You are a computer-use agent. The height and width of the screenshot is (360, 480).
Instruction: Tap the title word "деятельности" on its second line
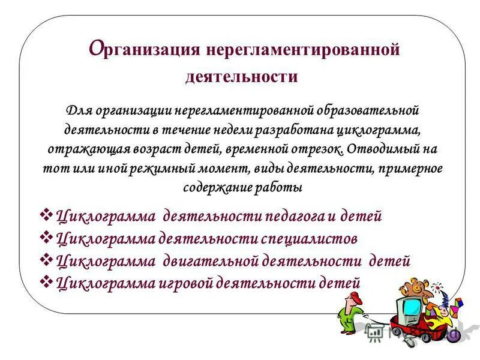click(241, 76)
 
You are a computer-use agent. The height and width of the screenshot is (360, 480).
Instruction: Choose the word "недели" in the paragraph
click(245, 130)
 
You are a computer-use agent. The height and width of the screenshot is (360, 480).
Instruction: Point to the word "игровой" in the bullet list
click(184, 283)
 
